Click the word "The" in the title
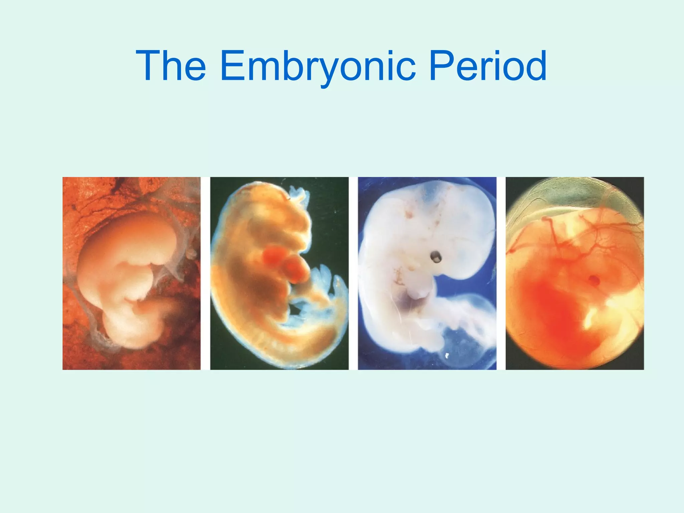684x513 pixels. tap(171, 65)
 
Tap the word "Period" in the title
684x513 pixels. tap(488, 65)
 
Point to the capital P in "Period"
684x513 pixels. tap(440, 65)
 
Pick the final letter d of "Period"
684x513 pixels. tap(534, 65)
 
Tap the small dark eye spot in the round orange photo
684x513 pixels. tap(594, 280)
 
